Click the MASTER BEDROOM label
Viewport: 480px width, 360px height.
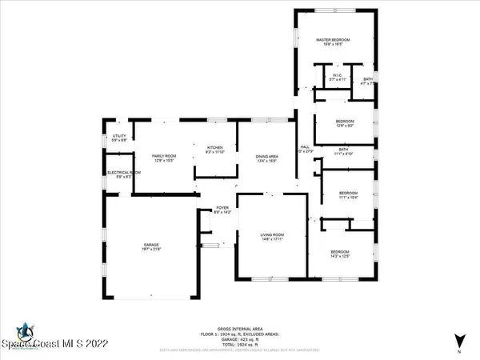(334, 39)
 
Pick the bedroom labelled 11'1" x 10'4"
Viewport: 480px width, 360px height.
(347, 194)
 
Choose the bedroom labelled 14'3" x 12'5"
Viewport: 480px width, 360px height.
(346, 251)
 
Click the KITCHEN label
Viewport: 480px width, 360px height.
(215, 148)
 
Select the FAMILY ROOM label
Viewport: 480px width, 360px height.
(163, 156)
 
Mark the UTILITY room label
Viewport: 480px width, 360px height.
(118, 137)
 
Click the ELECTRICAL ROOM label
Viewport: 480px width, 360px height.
(124, 173)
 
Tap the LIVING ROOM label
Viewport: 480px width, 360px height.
(272, 234)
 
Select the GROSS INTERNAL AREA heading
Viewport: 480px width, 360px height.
(239, 329)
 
